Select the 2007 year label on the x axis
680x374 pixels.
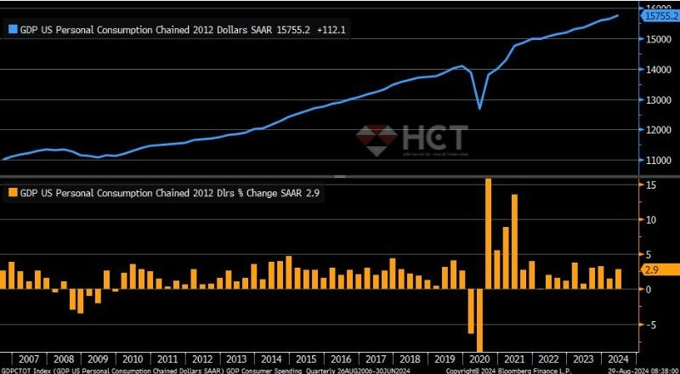click(28, 359)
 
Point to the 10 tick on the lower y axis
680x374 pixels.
click(649, 219)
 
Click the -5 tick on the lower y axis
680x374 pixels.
click(649, 324)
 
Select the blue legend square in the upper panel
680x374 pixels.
click(12, 29)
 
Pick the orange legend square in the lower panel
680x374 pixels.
click(12, 193)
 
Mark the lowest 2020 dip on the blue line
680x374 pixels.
click(479, 109)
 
